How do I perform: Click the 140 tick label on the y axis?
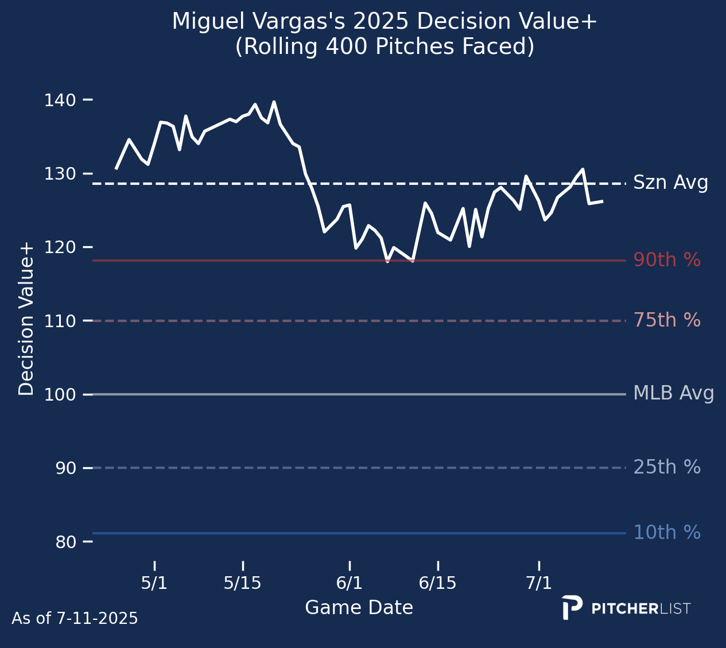point(60,100)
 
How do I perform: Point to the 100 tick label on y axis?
point(60,395)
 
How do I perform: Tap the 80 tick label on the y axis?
point(65,542)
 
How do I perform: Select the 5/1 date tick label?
point(154,583)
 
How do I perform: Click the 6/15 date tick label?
point(437,583)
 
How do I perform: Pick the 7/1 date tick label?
point(539,583)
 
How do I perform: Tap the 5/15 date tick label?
point(242,583)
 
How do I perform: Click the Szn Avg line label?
point(670,183)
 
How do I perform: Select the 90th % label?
point(667,261)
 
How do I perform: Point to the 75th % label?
point(667,321)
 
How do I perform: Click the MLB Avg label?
point(673,394)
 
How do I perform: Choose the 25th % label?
point(667,468)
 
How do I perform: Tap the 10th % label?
point(667,533)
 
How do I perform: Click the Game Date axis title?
point(359,608)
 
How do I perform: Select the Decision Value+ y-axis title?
point(26,319)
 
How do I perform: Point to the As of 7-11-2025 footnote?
point(75,619)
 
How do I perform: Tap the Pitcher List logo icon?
point(572,607)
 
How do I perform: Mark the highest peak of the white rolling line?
point(274,102)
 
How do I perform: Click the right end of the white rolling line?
point(601,201)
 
